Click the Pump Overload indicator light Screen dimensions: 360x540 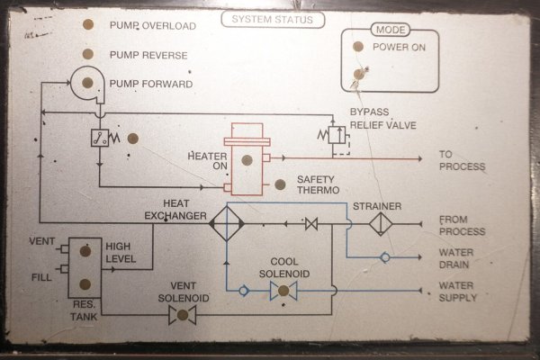click(x=88, y=25)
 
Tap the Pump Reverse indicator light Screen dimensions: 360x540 click(x=88, y=55)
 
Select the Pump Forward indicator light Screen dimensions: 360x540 click(x=88, y=84)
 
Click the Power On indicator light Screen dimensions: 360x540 click(x=358, y=46)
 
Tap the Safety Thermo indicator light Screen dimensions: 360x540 click(x=280, y=184)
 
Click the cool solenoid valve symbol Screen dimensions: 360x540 click(x=283, y=291)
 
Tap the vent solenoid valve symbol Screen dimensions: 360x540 click(x=184, y=314)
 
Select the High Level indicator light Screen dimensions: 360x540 click(x=85, y=252)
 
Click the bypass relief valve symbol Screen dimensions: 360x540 click(x=335, y=135)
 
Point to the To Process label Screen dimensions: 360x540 click(x=462, y=160)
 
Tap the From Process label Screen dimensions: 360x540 click(x=462, y=226)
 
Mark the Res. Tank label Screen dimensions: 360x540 click(x=85, y=310)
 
